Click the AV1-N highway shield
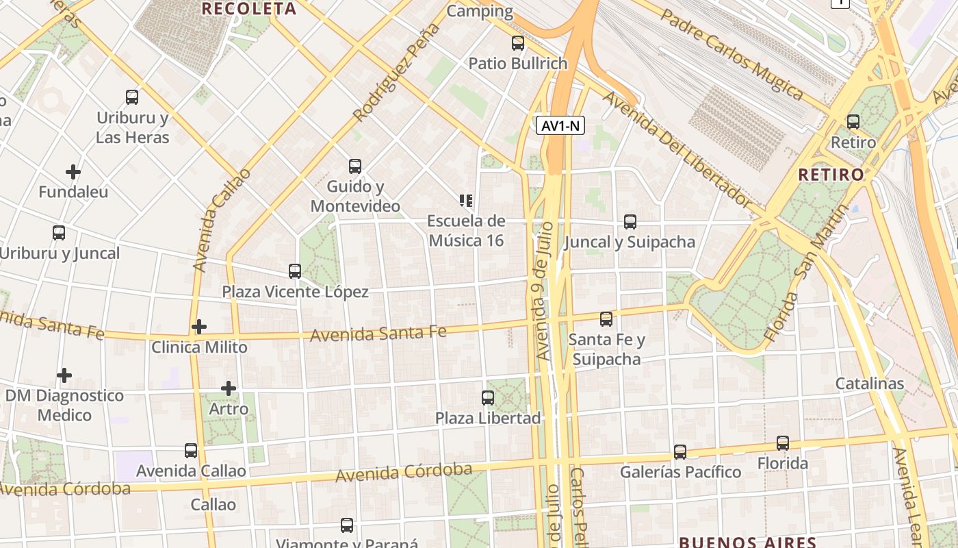pyautogui.click(x=560, y=125)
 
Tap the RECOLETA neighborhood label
pyautogui.click(x=250, y=9)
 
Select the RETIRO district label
pyautogui.click(x=831, y=175)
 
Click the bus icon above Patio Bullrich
pyautogui.click(x=518, y=43)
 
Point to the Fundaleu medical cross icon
pyautogui.click(x=73, y=171)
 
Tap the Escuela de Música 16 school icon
pyautogui.click(x=466, y=201)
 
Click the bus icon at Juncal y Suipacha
pyautogui.click(x=630, y=222)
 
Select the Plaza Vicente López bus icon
pyautogui.click(x=295, y=271)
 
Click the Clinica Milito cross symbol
pyautogui.click(x=199, y=327)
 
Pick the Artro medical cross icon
pyautogui.click(x=229, y=388)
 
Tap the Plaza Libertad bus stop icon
pyautogui.click(x=488, y=397)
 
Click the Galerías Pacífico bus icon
pyautogui.click(x=679, y=452)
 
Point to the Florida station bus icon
pyautogui.click(x=782, y=443)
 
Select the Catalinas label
pyautogui.click(x=870, y=384)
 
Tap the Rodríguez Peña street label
pyautogui.click(x=396, y=73)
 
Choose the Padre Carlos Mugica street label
pyautogui.click(x=731, y=54)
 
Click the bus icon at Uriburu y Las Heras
pyautogui.click(x=132, y=97)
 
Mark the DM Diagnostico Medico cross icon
pyautogui.click(x=64, y=375)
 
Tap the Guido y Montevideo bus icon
pyautogui.click(x=354, y=166)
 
